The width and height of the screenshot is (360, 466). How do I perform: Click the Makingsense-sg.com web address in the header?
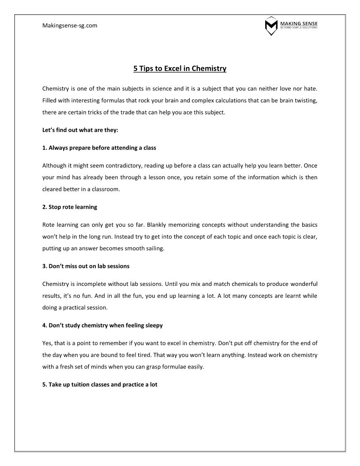[70, 26]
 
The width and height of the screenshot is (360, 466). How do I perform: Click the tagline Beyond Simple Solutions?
[299, 28]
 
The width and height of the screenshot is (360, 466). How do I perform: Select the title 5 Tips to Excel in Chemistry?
[180, 68]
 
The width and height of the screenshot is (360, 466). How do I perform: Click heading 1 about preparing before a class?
[99, 148]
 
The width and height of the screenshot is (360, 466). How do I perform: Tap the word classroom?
[106, 189]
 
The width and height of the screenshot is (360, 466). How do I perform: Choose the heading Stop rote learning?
[70, 207]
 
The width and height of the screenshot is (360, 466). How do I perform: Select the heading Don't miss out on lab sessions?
[86, 266]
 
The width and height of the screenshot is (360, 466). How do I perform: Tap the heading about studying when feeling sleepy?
[103, 325]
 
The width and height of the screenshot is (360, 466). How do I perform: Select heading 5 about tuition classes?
[100, 384]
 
